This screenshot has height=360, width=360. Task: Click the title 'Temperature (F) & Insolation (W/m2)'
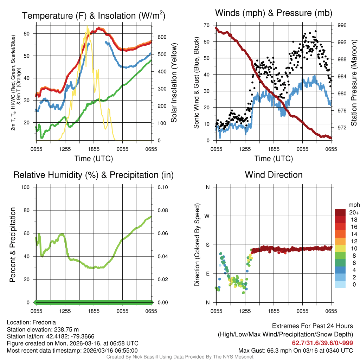pos(94,15)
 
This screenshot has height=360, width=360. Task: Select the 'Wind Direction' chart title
pos(274,175)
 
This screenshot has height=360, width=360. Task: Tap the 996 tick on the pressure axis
pos(342,25)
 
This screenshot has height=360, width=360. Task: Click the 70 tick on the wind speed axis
pos(207,25)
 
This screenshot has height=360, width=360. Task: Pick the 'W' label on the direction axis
pos(207,216)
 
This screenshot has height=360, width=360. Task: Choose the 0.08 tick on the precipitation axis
pos(162,210)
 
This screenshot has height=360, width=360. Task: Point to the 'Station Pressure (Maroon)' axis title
pos(354,83)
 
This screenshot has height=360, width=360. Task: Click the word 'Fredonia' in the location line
pos(44,322)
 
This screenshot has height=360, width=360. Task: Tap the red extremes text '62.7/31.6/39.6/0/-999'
pos(322,343)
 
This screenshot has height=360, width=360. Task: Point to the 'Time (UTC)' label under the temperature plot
pos(94,159)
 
